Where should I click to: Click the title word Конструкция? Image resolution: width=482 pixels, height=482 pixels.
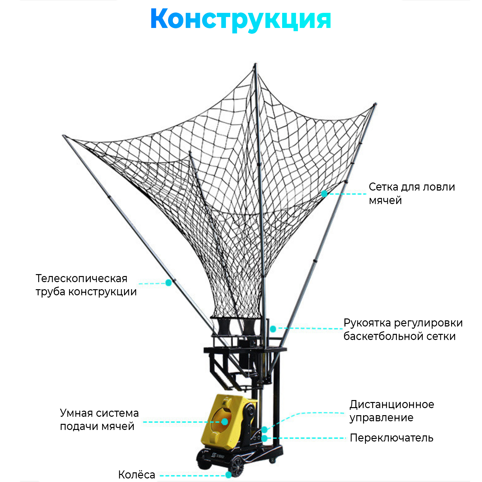coord(240,19)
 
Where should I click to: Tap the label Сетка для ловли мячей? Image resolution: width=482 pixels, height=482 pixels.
coord(411,193)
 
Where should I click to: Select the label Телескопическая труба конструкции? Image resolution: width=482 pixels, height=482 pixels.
coord(86,285)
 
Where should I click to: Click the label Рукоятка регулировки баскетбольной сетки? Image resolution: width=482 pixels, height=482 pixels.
coord(403,329)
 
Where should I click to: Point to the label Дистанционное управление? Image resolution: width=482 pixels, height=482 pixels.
coord(391,411)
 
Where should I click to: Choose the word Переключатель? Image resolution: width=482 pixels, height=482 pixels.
coord(391,438)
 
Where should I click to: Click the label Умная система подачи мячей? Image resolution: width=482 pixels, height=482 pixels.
coord(99,419)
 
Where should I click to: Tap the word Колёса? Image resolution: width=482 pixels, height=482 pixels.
coord(137,475)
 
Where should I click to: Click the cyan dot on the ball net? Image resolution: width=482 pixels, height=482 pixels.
coord(324,193)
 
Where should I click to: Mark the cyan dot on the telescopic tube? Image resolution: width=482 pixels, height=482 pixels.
coord(168,282)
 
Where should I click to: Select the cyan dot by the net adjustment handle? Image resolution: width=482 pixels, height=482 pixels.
coord(273,329)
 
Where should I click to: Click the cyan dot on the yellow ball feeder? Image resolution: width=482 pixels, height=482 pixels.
coord(224,422)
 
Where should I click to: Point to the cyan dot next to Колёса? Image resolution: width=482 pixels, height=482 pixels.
coord(228,475)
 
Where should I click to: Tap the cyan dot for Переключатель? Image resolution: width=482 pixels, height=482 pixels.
coord(264,438)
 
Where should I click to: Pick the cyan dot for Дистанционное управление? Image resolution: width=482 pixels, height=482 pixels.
coord(264,429)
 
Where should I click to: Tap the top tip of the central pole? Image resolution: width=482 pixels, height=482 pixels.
coord(255,64)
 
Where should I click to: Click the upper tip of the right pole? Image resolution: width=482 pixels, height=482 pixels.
coord(375,104)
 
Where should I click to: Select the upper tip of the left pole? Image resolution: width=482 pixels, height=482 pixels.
coord(64,136)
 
